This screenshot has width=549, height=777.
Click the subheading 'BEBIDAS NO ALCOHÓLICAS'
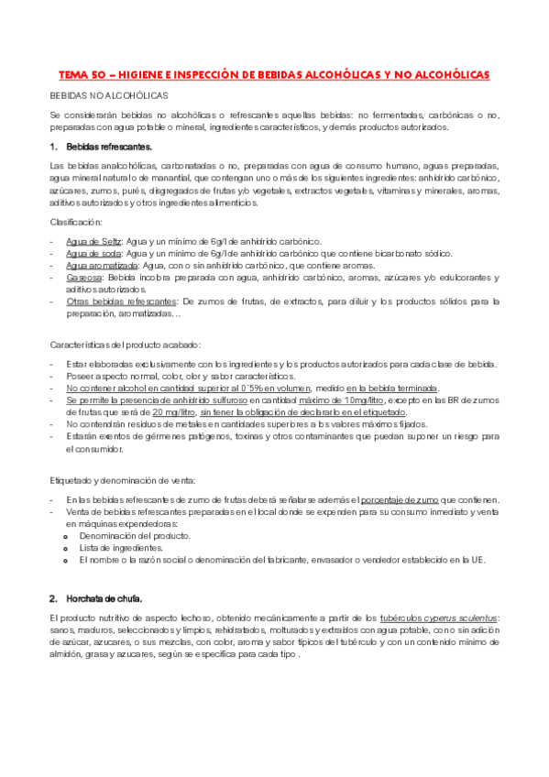pyautogui.click(x=109, y=95)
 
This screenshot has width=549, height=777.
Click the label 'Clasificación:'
pyautogui.click(x=76, y=222)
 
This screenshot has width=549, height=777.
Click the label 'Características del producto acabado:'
pyautogui.click(x=125, y=344)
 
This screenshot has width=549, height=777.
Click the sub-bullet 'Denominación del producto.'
pyautogui.click(x=135, y=535)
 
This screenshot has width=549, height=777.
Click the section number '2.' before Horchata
pyautogui.click(x=53, y=597)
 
